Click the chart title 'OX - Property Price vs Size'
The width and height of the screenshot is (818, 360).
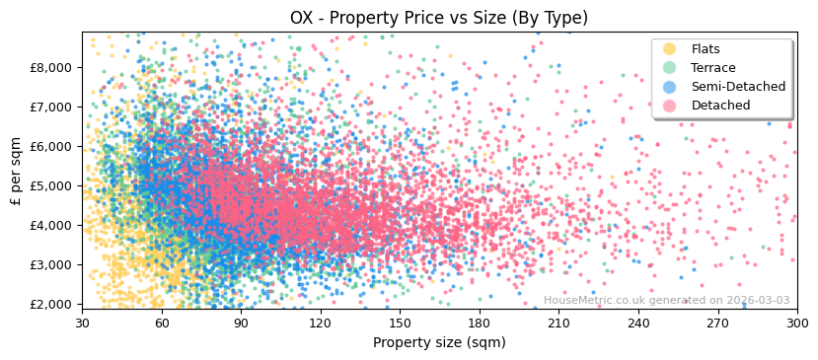tap(439, 18)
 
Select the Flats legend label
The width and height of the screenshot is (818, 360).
tap(705, 49)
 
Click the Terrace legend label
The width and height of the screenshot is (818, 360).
tap(712, 68)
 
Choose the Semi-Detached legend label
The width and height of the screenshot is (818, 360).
tap(738, 87)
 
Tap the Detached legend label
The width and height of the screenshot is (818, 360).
tap(720, 106)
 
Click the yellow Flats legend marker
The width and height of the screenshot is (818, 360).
tap(670, 49)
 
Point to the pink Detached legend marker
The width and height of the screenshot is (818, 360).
tap(670, 106)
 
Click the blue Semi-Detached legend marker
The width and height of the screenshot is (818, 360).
tap(670, 87)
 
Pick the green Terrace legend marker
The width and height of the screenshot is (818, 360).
tap(670, 68)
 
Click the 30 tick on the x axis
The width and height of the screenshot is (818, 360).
tap(82, 323)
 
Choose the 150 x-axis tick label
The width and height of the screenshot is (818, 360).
tap(400, 323)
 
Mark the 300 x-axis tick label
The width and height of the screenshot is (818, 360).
tap(796, 323)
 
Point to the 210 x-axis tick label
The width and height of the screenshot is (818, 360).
tap(558, 323)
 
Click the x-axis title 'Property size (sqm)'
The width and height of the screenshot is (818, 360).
tap(439, 343)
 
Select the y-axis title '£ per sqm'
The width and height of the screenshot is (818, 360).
tap(16, 171)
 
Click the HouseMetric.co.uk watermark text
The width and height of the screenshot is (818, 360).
tap(666, 300)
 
